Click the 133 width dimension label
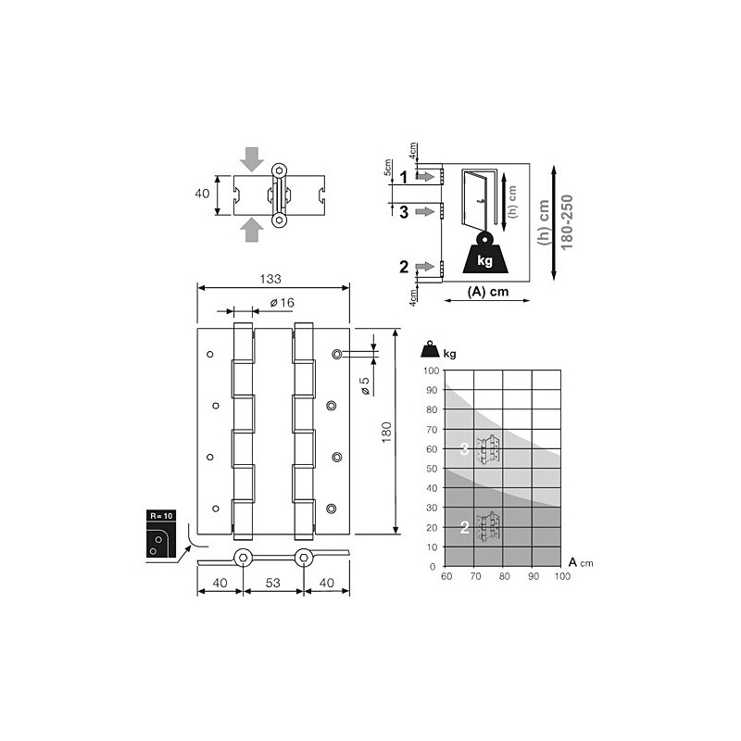click(x=270, y=279)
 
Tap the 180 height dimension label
click(x=386, y=432)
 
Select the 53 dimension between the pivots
click(x=272, y=583)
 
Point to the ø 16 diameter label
click(x=283, y=303)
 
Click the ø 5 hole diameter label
click(x=365, y=386)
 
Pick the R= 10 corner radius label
click(x=161, y=516)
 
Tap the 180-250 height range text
click(x=566, y=222)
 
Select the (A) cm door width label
click(x=488, y=291)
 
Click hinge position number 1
click(x=403, y=177)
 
